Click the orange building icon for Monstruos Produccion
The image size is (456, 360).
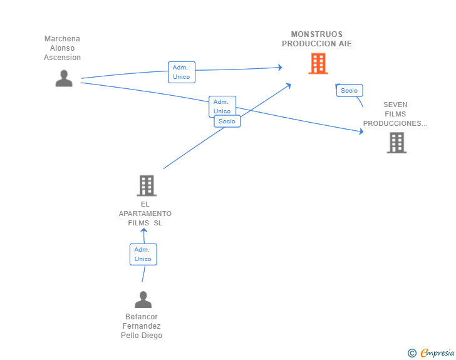pos(318,63)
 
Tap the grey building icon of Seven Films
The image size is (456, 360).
pos(396,143)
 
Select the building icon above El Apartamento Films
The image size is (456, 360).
pos(147,185)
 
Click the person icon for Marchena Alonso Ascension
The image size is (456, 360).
pos(64,78)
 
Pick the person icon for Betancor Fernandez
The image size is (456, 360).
pos(143,299)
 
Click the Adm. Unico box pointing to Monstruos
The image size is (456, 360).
pos(182,72)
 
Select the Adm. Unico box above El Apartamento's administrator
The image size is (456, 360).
pos(143,254)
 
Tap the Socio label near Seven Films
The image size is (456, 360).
pos(350,90)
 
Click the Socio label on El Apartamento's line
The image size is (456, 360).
pos(227,121)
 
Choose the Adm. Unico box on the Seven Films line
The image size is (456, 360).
pos(222,106)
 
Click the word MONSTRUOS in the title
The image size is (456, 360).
pos(317,34)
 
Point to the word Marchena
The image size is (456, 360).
pos(62,39)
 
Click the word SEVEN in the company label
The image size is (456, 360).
pos(395,105)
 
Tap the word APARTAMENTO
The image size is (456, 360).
pos(145,213)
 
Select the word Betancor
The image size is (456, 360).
pos(142,317)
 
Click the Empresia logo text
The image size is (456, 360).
pos(437,352)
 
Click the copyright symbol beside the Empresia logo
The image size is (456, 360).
pos(412,353)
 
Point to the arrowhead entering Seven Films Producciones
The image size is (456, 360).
pos(361,131)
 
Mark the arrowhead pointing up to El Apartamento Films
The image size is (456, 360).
pos(143,230)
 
